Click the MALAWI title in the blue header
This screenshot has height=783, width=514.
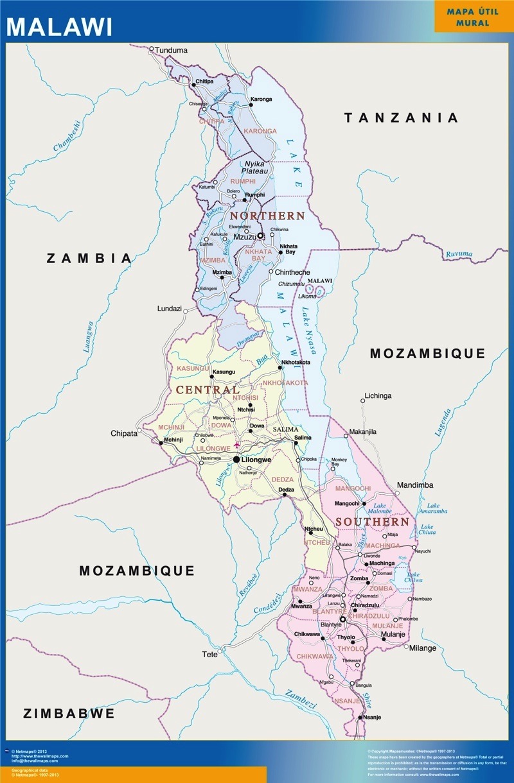(59, 26)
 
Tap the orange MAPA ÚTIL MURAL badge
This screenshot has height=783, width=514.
(473, 17)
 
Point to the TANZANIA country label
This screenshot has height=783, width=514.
(402, 117)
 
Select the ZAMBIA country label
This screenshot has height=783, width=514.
(89, 258)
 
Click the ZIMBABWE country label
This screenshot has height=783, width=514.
(69, 713)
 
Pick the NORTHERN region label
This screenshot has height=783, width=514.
(267, 216)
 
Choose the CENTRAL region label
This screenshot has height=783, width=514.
(208, 390)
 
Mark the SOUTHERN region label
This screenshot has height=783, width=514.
(371, 522)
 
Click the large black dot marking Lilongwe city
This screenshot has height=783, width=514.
(236, 460)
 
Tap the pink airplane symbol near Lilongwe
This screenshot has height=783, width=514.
(237, 445)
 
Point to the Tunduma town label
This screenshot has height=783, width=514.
(172, 49)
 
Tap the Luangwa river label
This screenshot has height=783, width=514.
(89, 336)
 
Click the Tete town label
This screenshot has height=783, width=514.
(209, 655)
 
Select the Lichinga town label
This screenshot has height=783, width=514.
(377, 395)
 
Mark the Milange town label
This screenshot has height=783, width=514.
(423, 648)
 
